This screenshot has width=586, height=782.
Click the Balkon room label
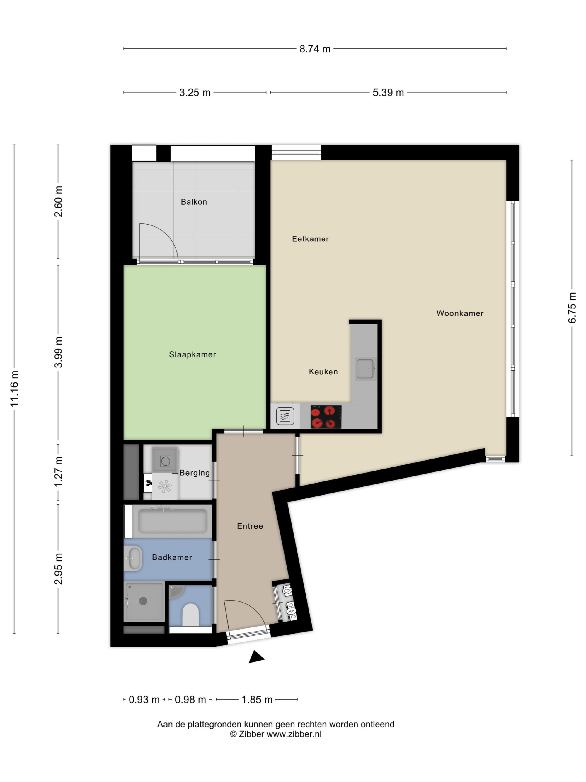click(x=194, y=202)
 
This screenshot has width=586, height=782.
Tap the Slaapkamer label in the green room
click(x=192, y=354)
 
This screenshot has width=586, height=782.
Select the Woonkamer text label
click(x=460, y=313)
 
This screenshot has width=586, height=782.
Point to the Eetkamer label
click(x=310, y=239)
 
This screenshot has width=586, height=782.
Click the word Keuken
click(x=323, y=372)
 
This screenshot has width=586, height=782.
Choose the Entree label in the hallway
click(x=250, y=526)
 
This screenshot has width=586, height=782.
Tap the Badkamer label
click(x=172, y=557)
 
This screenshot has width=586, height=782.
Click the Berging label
click(x=195, y=473)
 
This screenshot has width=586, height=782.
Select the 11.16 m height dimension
click(x=14, y=389)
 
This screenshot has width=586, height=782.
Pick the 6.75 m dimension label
click(x=572, y=308)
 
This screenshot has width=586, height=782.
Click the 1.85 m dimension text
click(x=257, y=700)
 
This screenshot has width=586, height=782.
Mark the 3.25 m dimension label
click(x=195, y=93)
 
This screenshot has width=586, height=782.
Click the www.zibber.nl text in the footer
click(x=294, y=734)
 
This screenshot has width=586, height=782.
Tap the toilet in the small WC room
click(x=191, y=614)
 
